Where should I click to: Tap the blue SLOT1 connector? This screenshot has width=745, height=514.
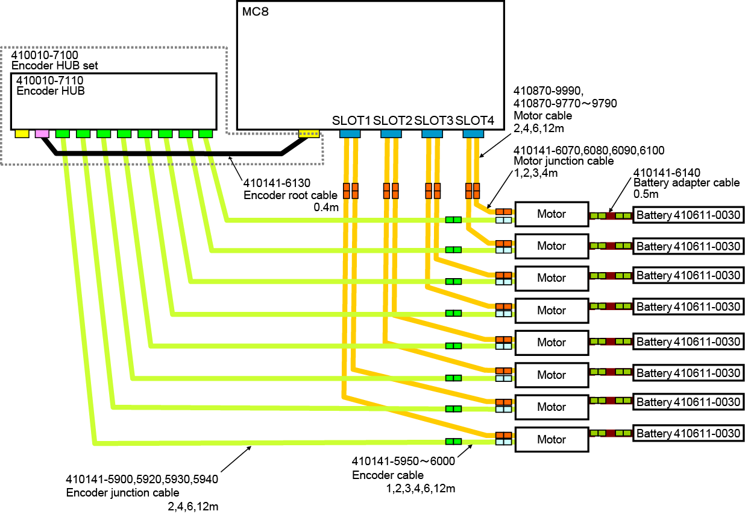click(350, 133)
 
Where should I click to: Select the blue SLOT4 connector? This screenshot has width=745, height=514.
click(473, 133)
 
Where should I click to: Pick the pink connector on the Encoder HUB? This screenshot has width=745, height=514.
click(42, 133)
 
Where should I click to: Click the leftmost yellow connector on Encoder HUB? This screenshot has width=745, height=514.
click(22, 133)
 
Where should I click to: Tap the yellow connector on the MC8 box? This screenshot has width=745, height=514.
click(309, 133)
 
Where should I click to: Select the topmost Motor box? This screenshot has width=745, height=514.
click(551, 214)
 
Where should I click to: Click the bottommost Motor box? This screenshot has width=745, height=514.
click(551, 439)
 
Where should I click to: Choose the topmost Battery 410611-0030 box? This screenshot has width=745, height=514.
click(688, 214)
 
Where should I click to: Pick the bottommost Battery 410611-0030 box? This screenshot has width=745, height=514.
click(688, 434)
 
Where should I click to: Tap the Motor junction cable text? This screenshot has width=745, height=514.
click(564, 161)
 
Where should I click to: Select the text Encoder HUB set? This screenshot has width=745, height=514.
click(54, 66)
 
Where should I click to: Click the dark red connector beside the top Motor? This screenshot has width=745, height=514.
click(610, 215)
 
